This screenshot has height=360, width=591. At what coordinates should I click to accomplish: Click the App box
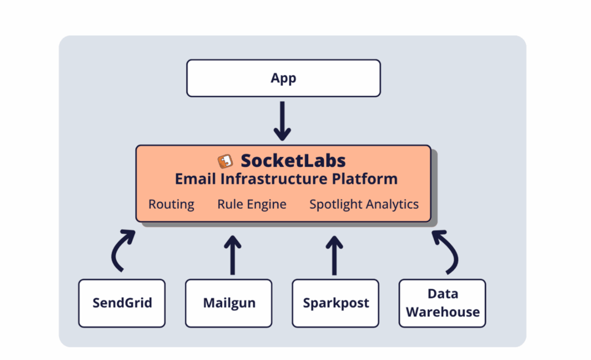coord(283,78)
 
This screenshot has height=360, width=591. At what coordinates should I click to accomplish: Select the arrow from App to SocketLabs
coord(282,121)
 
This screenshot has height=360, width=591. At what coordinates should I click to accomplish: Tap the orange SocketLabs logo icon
coord(226,161)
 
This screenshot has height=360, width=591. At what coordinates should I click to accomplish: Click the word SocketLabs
coord(293,161)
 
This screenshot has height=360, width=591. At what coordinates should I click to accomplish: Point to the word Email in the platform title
coord(195,179)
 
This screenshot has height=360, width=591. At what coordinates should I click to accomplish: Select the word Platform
coord(365,179)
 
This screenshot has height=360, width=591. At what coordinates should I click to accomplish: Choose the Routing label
coord(171,204)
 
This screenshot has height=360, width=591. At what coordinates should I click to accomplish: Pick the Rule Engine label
coord(252,204)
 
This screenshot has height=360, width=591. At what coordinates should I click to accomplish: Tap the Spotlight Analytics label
coord(364,204)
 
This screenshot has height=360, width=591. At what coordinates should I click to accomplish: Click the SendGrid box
coord(122,303)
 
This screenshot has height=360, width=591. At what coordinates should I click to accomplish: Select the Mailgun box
coord(229,303)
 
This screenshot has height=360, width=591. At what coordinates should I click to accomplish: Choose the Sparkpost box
coord(335,303)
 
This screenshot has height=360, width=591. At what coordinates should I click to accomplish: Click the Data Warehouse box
coord(442,303)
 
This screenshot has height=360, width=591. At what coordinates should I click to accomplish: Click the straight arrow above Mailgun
coord(233,256)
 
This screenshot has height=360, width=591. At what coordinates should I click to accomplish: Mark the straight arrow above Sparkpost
coord(334,256)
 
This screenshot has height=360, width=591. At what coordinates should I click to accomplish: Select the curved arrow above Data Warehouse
coord(455,252)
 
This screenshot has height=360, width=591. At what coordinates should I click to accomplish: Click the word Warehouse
coord(443,312)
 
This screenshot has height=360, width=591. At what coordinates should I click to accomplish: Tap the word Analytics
coord(392,204)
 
